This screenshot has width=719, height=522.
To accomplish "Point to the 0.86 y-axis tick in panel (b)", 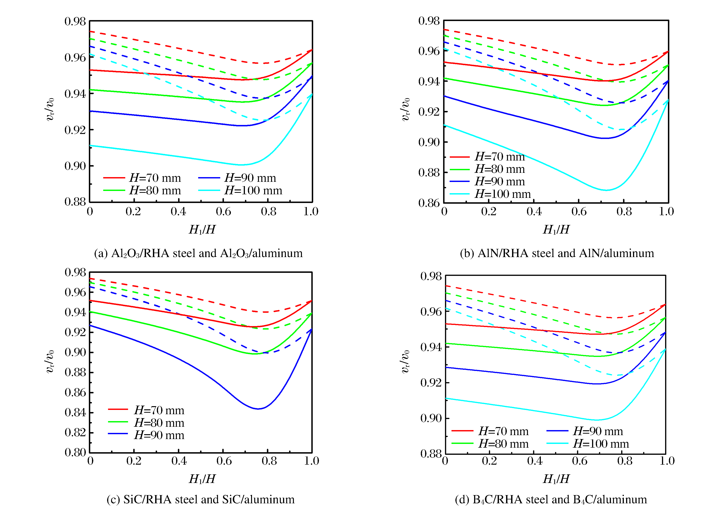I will coord(429,203).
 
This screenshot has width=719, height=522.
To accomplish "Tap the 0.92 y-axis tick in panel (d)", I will coord(431,383).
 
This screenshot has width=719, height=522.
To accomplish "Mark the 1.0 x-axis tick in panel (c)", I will coord(311,461).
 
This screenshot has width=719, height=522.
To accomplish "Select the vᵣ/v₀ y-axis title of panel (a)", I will coord(50,109).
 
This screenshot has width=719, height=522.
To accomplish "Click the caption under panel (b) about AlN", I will coord(557,253).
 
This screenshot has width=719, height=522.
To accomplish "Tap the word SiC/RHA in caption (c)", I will coord(148,500).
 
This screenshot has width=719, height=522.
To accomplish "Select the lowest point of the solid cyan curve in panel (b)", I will coord(606,190).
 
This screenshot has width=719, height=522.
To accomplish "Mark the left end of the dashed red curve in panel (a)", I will coord(90,31).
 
